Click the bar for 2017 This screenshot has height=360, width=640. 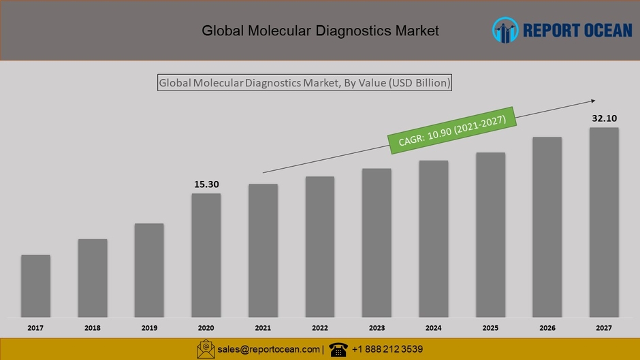(x=35, y=286)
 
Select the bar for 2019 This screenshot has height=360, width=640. (x=149, y=270)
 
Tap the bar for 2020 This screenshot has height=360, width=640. (x=206, y=255)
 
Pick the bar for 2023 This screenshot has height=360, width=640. (x=377, y=242)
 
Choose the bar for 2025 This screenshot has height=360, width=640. (x=490, y=235)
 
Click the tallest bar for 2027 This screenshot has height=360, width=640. (x=604, y=222)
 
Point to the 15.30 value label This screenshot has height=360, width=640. (x=206, y=184)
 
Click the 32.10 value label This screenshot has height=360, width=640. (x=604, y=118)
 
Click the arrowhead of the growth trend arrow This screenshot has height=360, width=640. (x=592, y=101)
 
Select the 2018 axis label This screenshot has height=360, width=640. (x=93, y=328)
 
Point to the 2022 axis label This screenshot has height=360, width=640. (x=320, y=328)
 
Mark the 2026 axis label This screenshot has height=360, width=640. (x=547, y=328)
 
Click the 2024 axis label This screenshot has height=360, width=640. (x=434, y=328)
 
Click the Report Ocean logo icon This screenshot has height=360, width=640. (x=505, y=30)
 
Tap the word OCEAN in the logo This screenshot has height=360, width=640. (x=603, y=30)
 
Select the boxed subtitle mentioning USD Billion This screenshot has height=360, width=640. (x=304, y=83)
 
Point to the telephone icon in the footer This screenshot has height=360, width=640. (x=338, y=350)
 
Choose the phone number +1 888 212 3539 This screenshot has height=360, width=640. (x=387, y=350)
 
